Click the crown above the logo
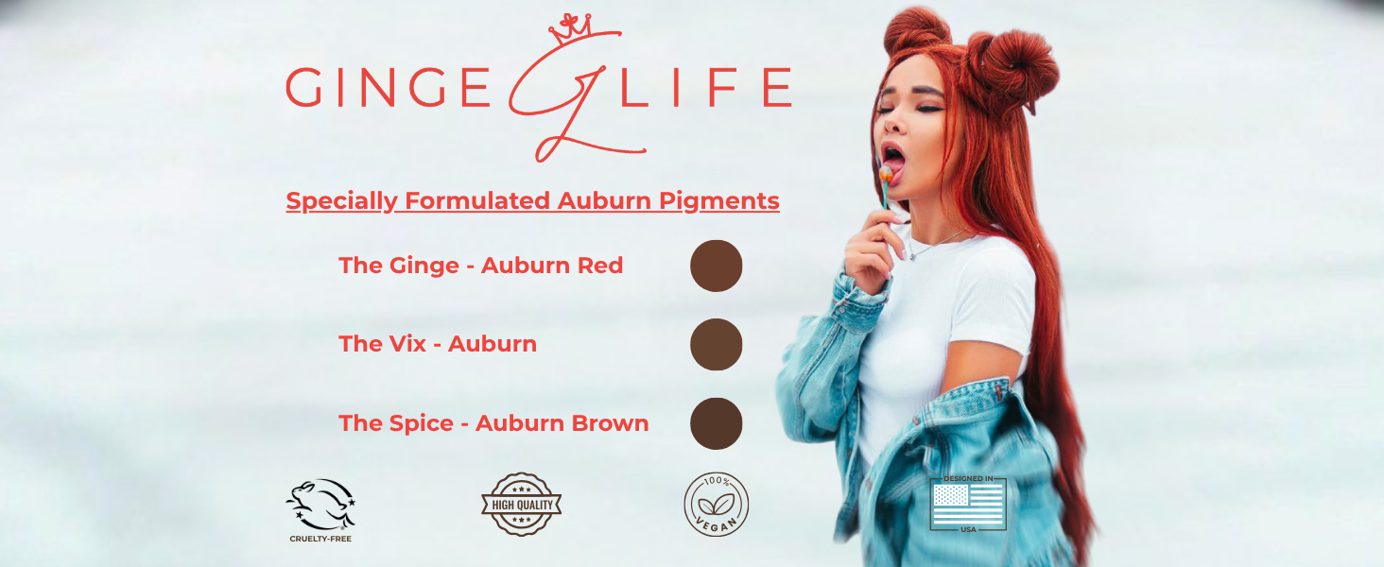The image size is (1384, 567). (570, 28)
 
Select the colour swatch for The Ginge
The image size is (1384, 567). (716, 266)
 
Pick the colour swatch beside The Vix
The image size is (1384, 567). (716, 344)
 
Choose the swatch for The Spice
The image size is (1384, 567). (716, 423)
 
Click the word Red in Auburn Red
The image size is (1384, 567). (600, 265)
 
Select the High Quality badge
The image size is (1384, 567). (522, 504)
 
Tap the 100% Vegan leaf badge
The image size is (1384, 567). (716, 504)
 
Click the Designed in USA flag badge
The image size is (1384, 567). (968, 504)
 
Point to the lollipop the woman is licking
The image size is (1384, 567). (886, 174)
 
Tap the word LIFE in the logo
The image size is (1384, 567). (705, 88)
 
